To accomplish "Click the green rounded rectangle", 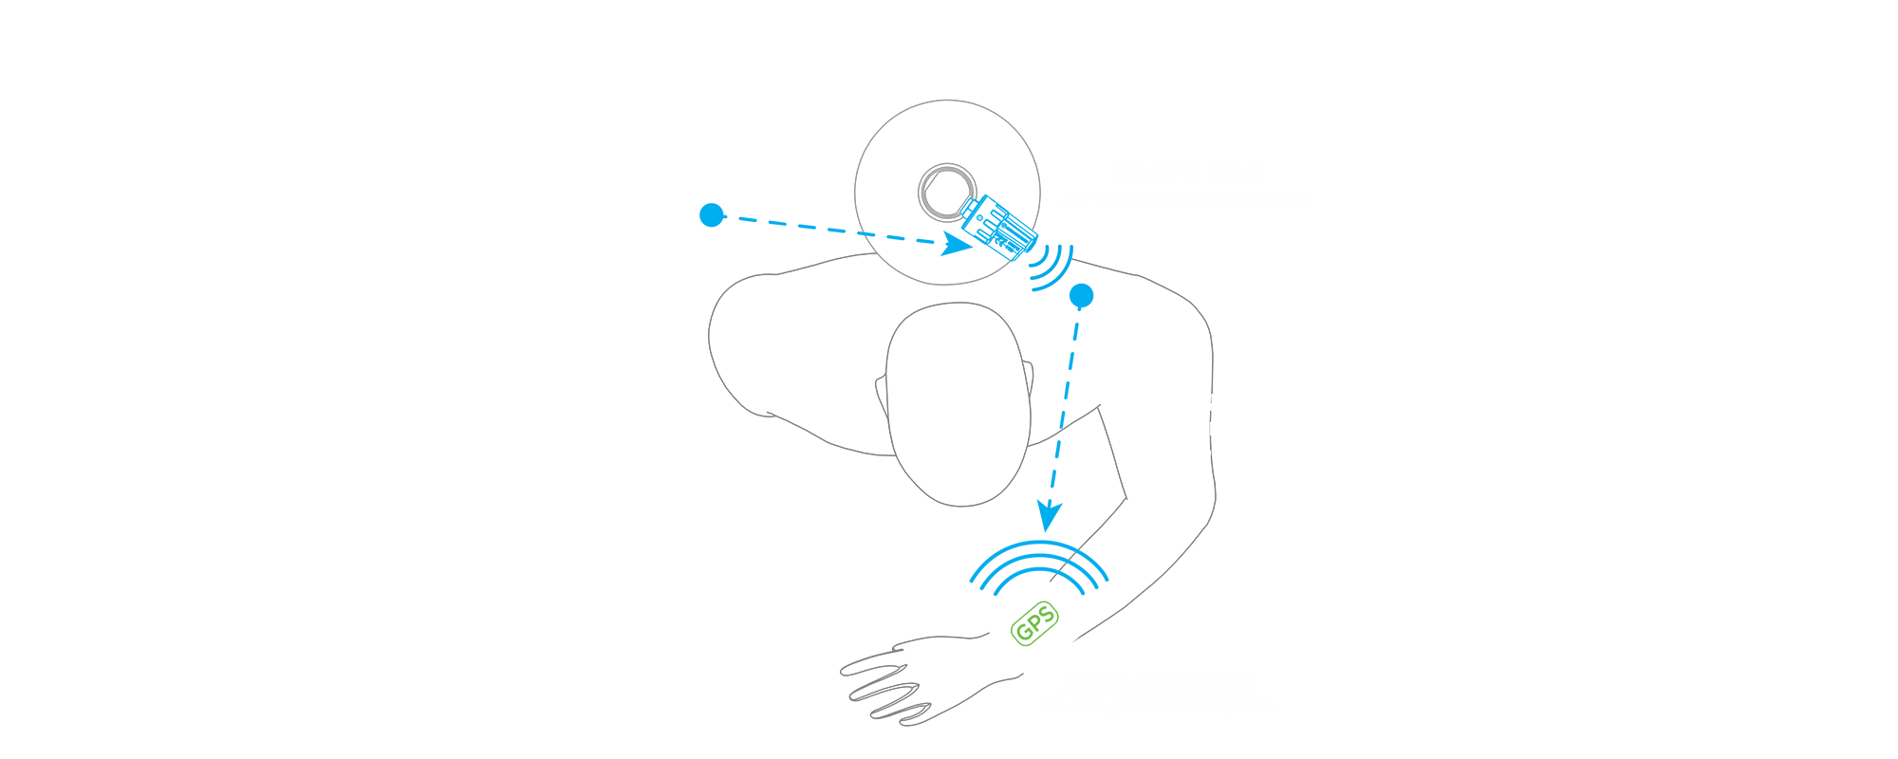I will pos(1033,623).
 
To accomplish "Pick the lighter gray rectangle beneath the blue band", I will pos(940,281).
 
